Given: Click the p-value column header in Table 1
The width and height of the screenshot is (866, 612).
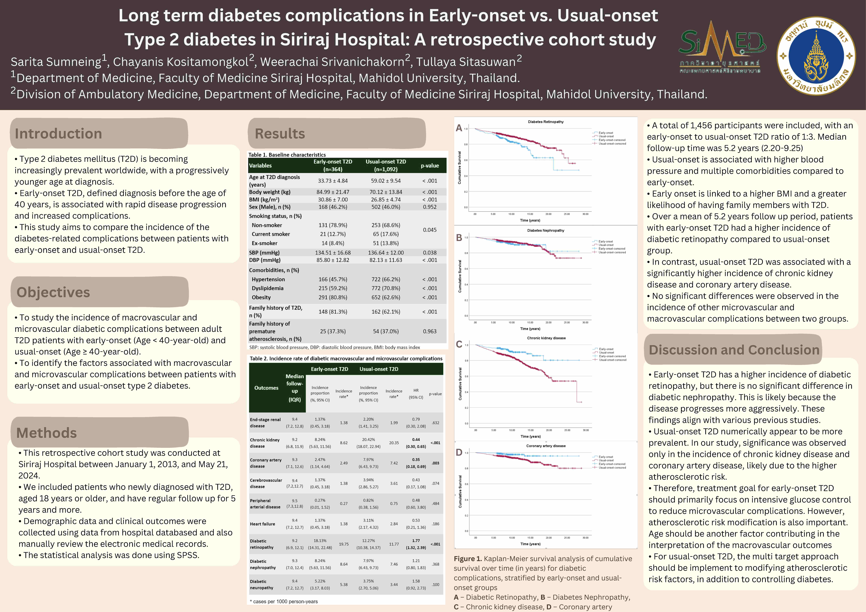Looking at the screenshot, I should tap(430, 165).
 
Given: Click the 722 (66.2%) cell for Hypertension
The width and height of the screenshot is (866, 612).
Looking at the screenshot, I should tap(386, 279).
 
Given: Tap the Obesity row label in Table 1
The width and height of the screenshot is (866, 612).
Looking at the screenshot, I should tap(261, 297).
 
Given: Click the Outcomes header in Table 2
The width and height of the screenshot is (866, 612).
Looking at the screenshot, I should tap(266, 388).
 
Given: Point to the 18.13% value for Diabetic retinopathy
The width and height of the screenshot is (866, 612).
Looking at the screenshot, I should tap(320, 541).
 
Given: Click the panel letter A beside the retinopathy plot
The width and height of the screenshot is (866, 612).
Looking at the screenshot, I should tap(459, 128).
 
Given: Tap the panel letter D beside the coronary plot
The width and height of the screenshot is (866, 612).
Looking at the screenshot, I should tap(459, 452).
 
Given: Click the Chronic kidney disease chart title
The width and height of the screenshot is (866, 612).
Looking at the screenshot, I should tap(546, 338).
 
